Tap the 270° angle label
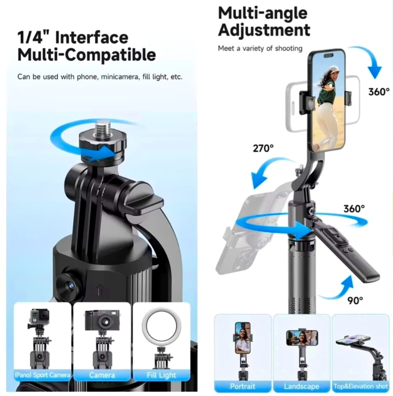263,148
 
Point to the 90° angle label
355,300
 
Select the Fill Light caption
162,375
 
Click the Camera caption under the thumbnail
102,375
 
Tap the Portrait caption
243,386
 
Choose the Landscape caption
302,386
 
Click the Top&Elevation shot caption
360,386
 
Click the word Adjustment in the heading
264,30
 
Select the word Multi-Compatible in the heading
87,55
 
